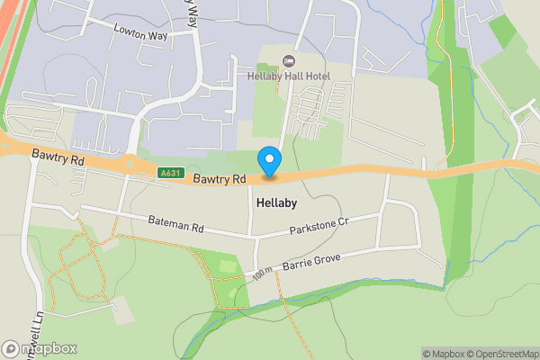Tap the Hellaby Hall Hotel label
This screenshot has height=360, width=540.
[x=288, y=76]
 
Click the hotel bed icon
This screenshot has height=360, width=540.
[x=288, y=61]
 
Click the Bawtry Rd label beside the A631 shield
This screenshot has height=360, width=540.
[x=219, y=179]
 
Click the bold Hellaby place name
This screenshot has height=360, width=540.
[x=275, y=203]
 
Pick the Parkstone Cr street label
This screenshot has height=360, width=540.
[x=319, y=226]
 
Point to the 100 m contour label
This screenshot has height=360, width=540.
[x=262, y=273]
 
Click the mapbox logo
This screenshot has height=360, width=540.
[x=40, y=348]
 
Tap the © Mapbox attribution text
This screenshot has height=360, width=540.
[x=445, y=354]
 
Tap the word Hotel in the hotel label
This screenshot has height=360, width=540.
[x=316, y=76]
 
